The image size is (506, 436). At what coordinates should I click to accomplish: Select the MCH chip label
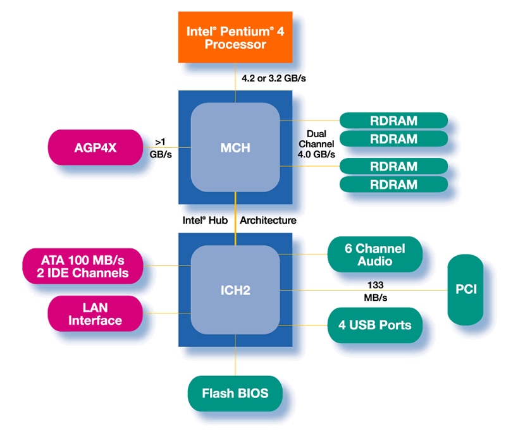click(235, 148)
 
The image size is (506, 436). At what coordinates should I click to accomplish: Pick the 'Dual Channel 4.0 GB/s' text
click(320, 144)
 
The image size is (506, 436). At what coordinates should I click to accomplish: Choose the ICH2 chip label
click(235, 291)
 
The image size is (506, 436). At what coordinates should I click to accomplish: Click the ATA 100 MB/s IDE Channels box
click(85, 266)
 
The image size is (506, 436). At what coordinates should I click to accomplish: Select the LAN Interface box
click(95, 314)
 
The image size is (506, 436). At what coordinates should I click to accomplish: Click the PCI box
click(466, 290)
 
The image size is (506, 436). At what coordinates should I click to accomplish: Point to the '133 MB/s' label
click(374, 291)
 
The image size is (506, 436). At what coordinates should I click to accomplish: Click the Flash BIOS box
click(235, 394)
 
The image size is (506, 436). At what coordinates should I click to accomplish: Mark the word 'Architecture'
click(268, 221)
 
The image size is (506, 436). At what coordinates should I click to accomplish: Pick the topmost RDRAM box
click(393, 120)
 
